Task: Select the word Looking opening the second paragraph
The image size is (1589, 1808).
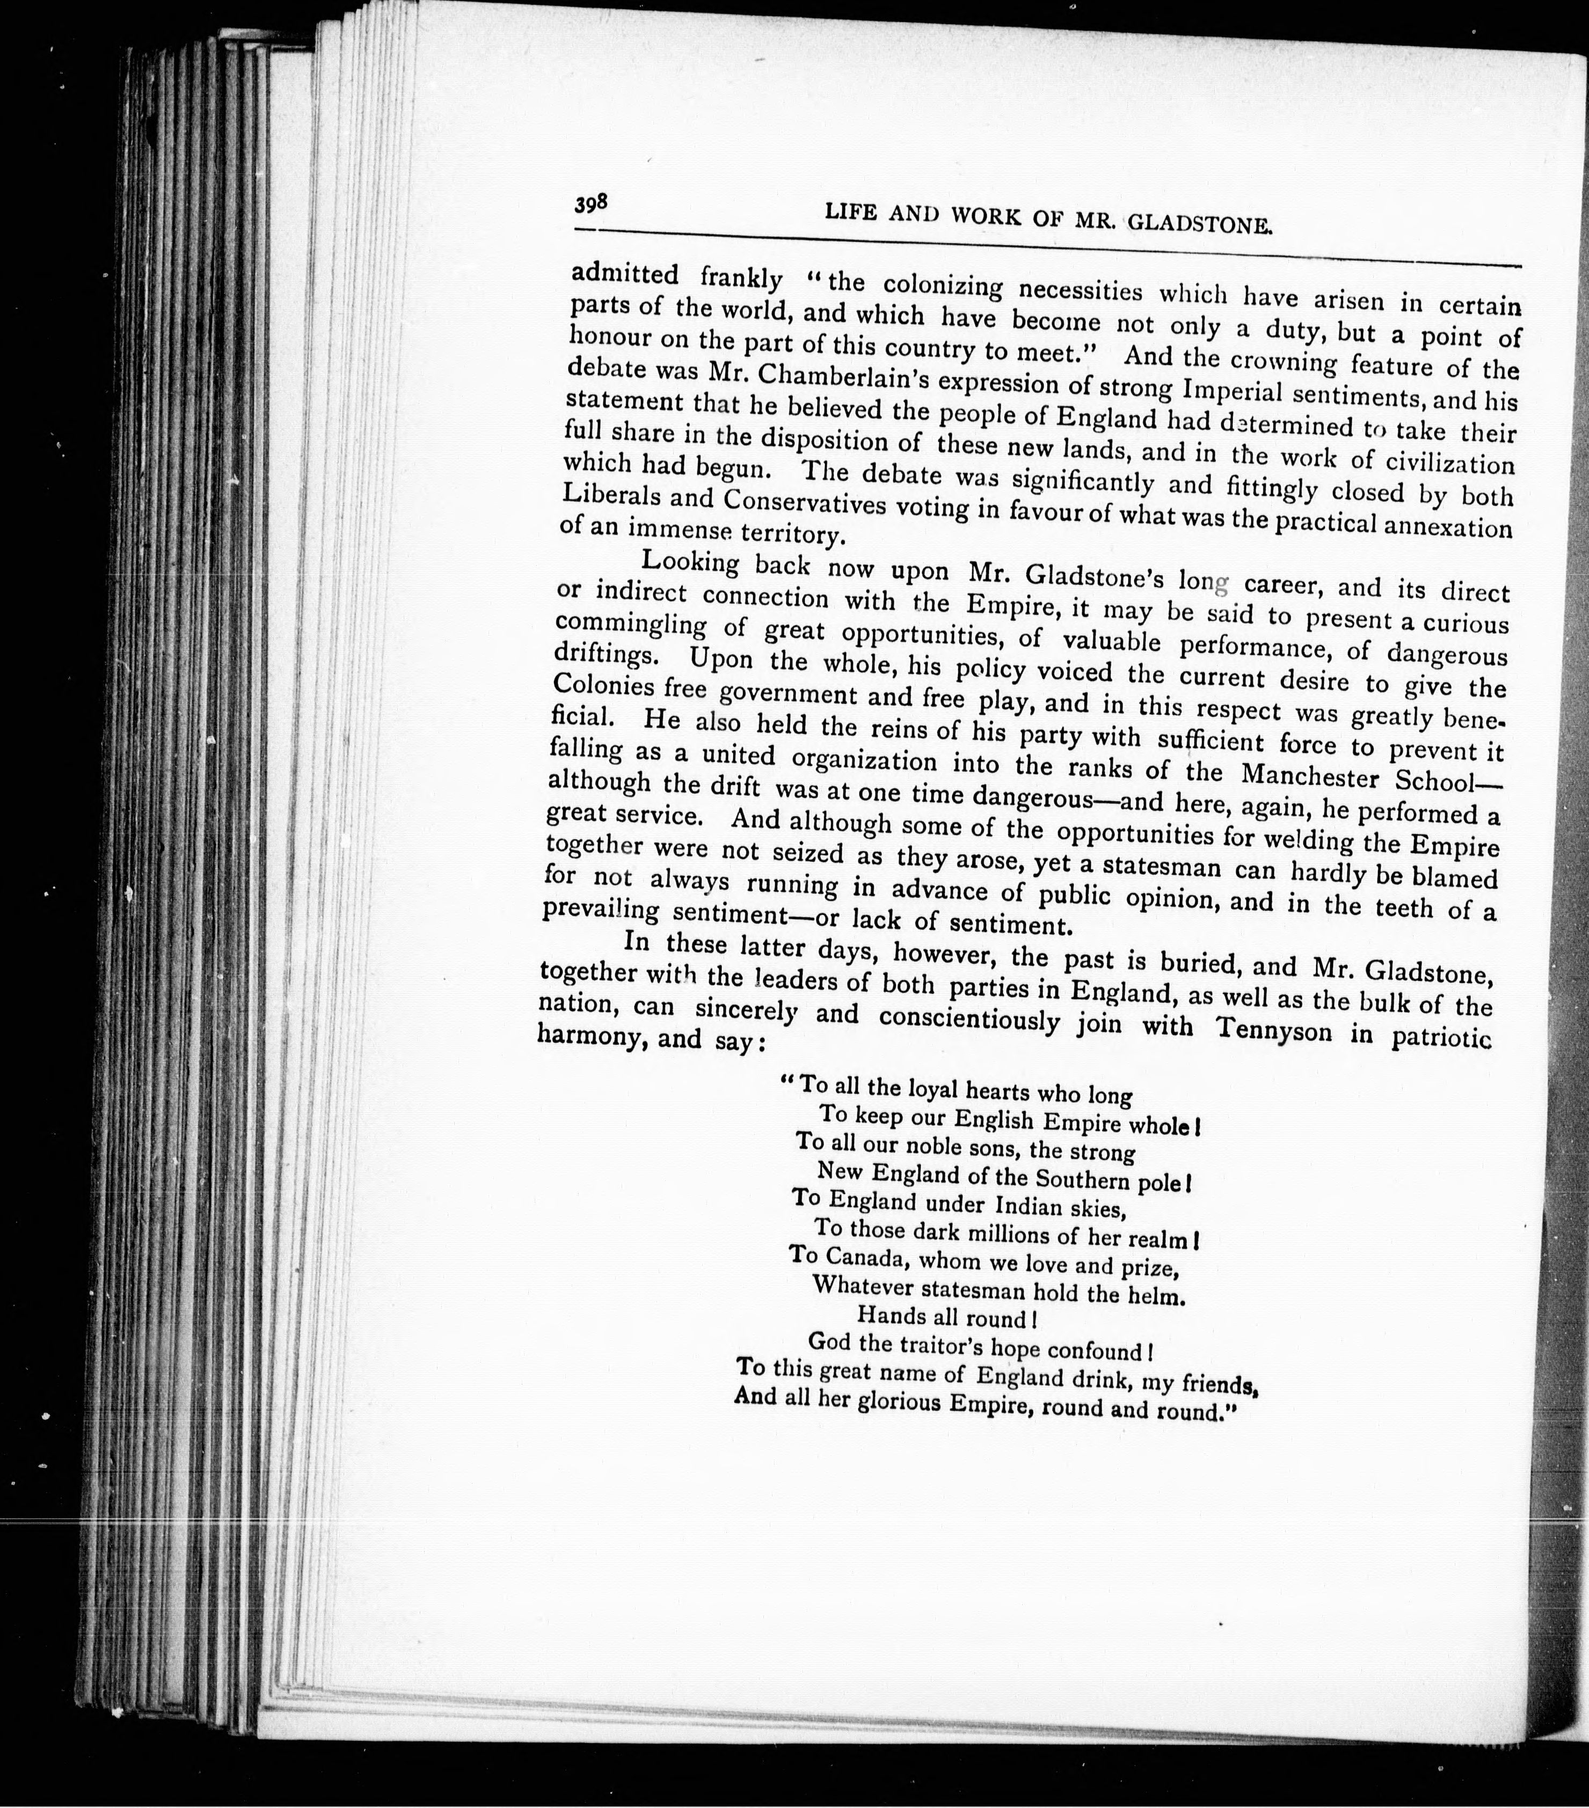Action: tap(689, 563)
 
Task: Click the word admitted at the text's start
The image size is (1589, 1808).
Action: tap(625, 274)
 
